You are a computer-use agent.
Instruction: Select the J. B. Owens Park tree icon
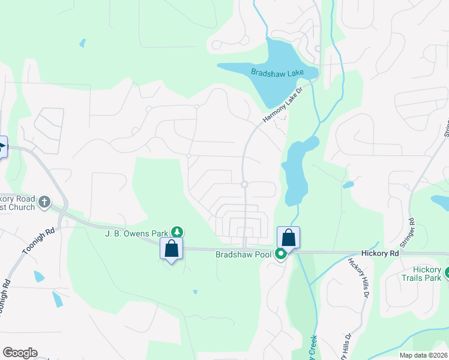[x=176, y=232]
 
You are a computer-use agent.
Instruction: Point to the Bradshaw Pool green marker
[x=281, y=254]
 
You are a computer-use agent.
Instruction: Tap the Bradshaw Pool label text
[x=244, y=254]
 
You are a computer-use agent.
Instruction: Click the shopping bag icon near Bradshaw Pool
[x=288, y=238]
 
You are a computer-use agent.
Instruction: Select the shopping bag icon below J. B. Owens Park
[x=171, y=248]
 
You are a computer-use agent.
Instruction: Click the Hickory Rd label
[x=380, y=254]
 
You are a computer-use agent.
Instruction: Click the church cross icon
[x=44, y=202]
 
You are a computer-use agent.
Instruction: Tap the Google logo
[x=20, y=353]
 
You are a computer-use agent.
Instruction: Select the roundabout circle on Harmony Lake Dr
[x=244, y=184]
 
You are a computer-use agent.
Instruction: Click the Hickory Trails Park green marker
[x=447, y=274]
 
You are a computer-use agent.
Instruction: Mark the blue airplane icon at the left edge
[x=2, y=147]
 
